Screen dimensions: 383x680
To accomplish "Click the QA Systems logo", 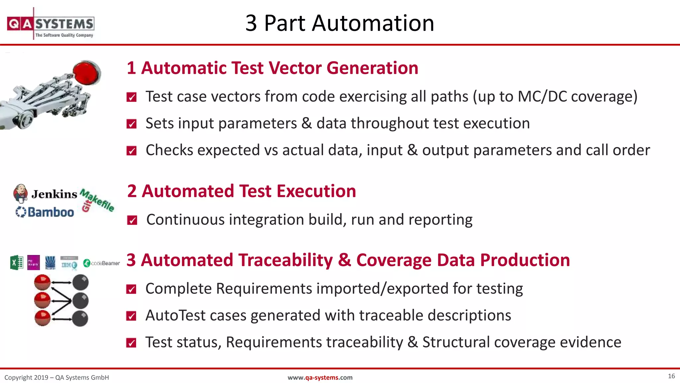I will (50, 24).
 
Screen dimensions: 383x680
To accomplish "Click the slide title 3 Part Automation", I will (339, 23).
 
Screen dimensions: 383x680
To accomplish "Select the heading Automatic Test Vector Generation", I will (272, 68).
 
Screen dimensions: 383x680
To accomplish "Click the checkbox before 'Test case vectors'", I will (131, 97).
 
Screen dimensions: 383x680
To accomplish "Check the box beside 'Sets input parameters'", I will (131, 124).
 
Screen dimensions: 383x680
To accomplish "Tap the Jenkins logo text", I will (54, 194).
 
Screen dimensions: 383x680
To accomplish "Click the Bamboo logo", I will (45, 212).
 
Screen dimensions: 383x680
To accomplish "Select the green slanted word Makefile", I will (98, 200).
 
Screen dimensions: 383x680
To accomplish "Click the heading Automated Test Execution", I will (241, 191).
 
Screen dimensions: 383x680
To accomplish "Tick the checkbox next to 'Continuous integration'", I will (132, 220).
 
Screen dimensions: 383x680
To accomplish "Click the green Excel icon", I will (17, 263).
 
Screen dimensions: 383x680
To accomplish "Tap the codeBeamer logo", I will (101, 263).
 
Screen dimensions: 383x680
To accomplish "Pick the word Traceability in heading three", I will (286, 260).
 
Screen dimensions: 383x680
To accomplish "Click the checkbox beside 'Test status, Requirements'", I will (131, 343).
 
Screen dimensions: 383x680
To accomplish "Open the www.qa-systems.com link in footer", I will (320, 377).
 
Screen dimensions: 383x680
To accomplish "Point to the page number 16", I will (671, 376).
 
